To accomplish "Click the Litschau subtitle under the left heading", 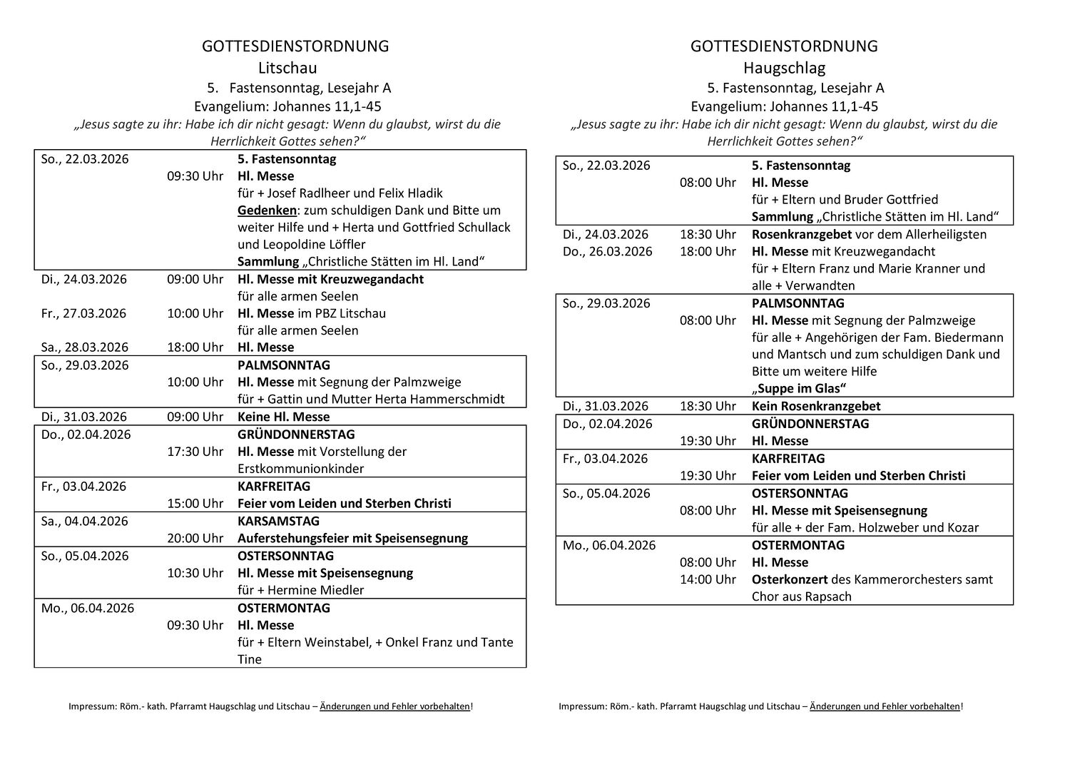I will [x=287, y=68].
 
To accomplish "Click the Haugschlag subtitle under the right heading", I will [x=784, y=68].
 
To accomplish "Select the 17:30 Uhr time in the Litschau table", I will [x=195, y=452].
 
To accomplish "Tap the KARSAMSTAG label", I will [x=278, y=521].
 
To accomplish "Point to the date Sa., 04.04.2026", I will [x=85, y=521].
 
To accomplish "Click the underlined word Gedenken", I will [x=267, y=210].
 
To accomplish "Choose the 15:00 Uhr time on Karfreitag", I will [x=195, y=504].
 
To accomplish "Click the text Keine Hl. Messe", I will [x=283, y=417].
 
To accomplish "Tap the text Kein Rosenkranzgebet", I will [x=816, y=406].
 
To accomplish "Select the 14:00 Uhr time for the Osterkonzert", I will [x=708, y=579].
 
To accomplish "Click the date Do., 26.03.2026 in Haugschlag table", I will [x=607, y=251].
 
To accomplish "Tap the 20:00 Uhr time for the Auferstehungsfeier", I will [x=195, y=538].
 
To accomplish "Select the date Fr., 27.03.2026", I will [x=83, y=313].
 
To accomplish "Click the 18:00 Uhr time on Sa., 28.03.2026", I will [x=195, y=347].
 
